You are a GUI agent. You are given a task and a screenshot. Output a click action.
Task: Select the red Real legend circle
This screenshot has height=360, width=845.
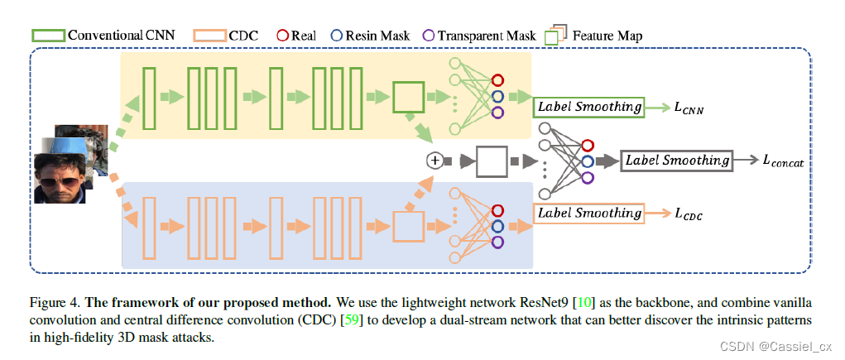281,36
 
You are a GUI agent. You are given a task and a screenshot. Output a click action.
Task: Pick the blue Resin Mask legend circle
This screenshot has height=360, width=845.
338,36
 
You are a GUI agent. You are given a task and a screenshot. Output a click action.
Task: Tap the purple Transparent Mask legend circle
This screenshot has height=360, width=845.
428,36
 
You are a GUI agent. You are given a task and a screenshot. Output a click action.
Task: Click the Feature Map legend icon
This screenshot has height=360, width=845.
555,35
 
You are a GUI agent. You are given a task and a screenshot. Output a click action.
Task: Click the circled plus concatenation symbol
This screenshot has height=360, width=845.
433,161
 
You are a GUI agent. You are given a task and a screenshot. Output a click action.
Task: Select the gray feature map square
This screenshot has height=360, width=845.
491,161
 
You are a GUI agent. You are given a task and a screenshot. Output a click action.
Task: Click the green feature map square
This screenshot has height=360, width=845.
407,98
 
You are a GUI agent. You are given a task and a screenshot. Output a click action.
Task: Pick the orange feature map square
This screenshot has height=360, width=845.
407,225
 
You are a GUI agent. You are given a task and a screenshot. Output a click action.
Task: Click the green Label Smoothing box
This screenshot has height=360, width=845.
588,107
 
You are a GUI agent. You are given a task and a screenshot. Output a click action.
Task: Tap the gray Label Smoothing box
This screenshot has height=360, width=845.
677,161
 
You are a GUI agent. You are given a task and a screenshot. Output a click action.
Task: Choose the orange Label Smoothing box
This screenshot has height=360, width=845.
588,214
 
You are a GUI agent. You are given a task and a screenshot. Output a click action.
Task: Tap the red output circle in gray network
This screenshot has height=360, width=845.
587,146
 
